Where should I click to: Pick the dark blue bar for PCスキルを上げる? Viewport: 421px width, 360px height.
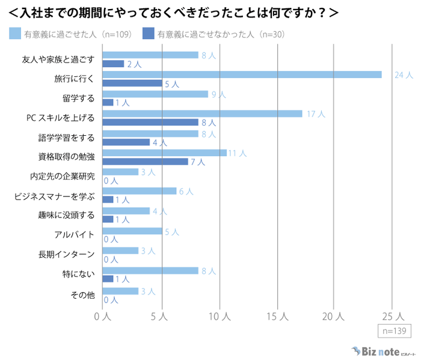(x=150, y=122)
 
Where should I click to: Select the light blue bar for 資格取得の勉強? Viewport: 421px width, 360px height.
(x=164, y=153)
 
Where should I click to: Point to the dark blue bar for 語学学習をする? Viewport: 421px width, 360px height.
(x=126, y=142)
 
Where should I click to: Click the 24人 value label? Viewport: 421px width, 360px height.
(x=404, y=75)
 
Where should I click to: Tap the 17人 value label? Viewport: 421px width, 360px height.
(x=315, y=114)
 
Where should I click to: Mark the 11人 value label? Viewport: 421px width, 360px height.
(x=237, y=153)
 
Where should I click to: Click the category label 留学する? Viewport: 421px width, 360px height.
(x=78, y=98)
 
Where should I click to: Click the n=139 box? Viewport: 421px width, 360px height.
(x=393, y=331)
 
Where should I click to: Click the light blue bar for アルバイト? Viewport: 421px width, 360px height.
(x=132, y=231)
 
